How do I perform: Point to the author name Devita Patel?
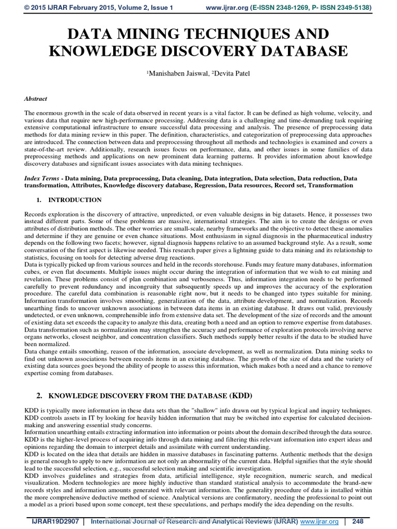pyautogui.click(x=231, y=73)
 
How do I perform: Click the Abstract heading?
pyautogui.click(x=36, y=98)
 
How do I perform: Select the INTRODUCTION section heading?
pyautogui.click(x=75, y=200)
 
